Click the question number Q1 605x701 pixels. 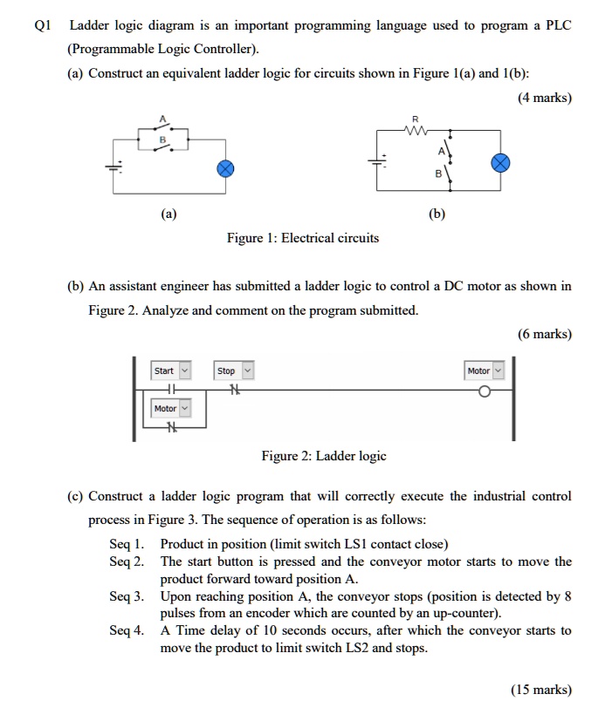(x=41, y=26)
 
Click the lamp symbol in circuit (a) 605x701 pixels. (x=224, y=169)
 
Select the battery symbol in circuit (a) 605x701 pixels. (x=110, y=167)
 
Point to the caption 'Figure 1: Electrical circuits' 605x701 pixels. (x=303, y=238)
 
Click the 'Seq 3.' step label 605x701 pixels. (x=127, y=597)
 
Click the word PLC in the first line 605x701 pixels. (x=557, y=26)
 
